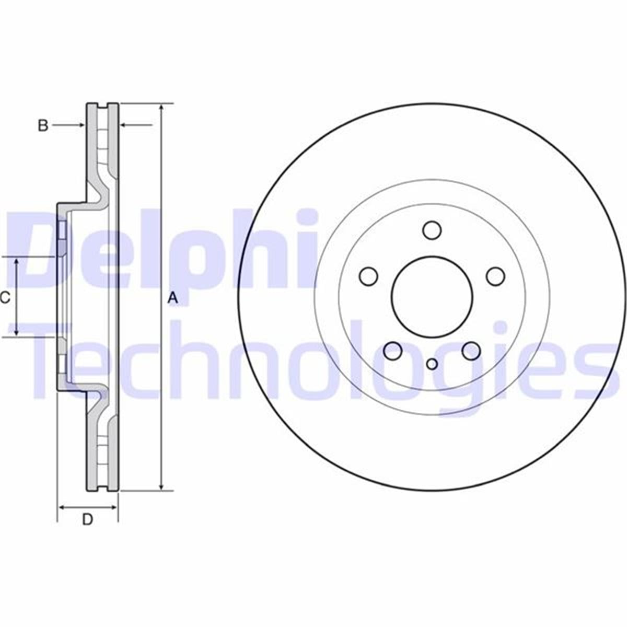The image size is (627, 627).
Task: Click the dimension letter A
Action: [x=173, y=298]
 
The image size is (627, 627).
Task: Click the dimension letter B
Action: [x=43, y=125]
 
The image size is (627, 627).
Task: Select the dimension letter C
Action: [x=5, y=298]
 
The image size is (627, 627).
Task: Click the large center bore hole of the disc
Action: [x=432, y=297]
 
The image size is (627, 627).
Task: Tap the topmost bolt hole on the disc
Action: [x=432, y=230]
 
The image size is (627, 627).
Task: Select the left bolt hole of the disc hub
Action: [x=369, y=276]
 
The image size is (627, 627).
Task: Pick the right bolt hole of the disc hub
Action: [x=495, y=276]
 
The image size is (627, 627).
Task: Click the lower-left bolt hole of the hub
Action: [x=393, y=351]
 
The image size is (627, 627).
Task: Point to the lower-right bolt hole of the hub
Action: [x=471, y=351]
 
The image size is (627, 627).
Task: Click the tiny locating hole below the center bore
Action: [x=432, y=364]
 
